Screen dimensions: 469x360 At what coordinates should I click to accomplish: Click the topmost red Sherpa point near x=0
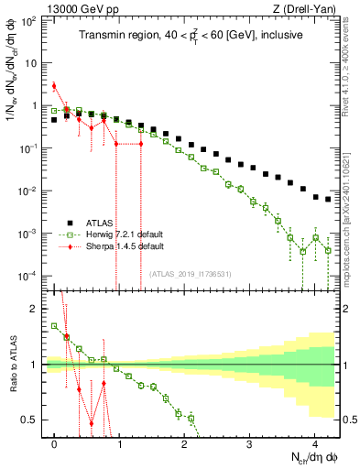click(x=54, y=86)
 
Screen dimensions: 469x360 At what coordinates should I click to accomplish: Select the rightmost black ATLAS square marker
click(x=328, y=199)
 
